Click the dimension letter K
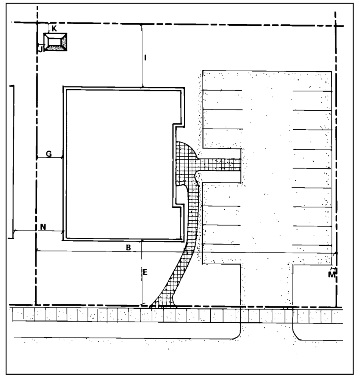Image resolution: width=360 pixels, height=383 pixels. pos(54,28)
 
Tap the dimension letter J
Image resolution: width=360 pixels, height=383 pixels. pos(41,49)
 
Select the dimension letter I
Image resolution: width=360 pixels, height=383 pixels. pos(145,58)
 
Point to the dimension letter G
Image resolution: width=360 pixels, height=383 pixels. pos(49,154)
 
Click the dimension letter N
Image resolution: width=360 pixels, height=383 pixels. pos(43,227)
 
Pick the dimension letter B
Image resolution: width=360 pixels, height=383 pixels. pos(128,248)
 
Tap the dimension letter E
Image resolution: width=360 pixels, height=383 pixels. pos(145,272)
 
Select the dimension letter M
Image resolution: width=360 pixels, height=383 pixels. pos(332,275)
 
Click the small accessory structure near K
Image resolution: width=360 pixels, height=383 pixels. pos(55,42)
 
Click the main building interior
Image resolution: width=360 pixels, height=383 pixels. pos(120,164)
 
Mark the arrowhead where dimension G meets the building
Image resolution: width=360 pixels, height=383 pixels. pos(62,157)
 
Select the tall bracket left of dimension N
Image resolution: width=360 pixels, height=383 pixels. pos(12,162)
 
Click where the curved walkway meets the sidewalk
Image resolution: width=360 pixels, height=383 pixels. pos(163,305)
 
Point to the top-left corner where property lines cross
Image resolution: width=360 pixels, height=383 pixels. pos(37,23)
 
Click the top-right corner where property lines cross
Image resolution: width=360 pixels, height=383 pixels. pos(336,25)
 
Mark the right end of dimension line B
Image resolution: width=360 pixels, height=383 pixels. pos(337,253)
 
